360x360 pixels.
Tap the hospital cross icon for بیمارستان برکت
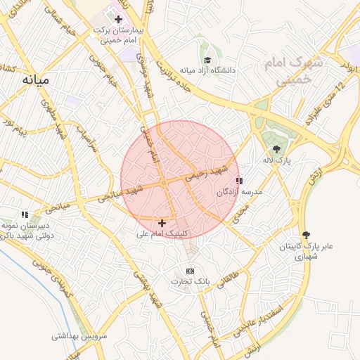pos(118,19)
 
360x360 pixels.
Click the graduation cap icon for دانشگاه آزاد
pos(207,60)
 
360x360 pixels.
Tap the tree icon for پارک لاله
pos(276,149)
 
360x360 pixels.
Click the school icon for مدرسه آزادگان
pos(240,181)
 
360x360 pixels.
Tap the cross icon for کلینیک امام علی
pos(162,222)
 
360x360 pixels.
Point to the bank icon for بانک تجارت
pos(190,271)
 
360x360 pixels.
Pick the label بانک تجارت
pos(190,281)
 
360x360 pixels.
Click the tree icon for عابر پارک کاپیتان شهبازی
pos(306,235)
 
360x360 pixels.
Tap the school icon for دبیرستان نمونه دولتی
pos(25,214)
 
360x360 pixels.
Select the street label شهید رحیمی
pos(208,174)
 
